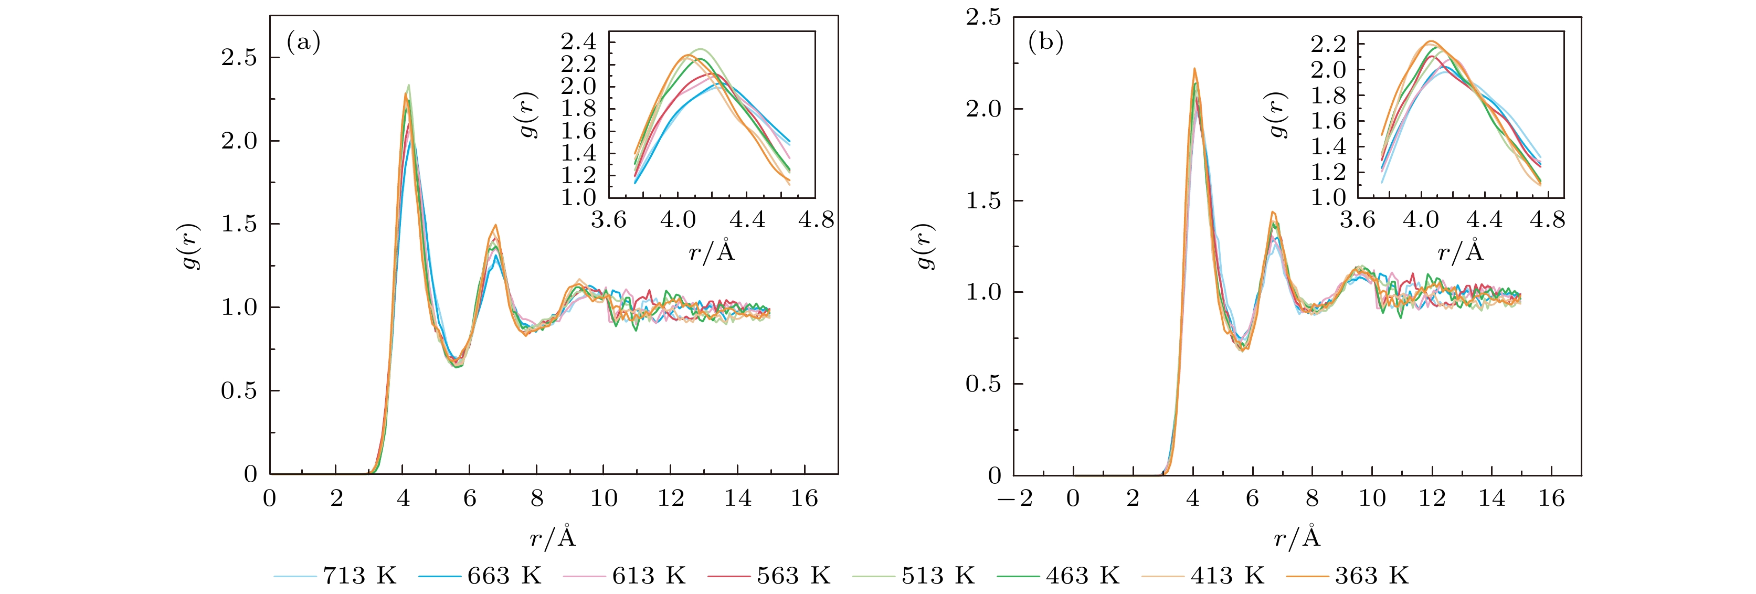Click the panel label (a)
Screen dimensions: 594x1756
click(x=303, y=43)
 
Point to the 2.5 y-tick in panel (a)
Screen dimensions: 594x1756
click(x=239, y=58)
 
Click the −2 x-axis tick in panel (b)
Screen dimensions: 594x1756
click(x=1015, y=498)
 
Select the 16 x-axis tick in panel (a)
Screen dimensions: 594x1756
click(x=805, y=498)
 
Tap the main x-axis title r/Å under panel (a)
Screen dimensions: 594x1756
click(x=553, y=537)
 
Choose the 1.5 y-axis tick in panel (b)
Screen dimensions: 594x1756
click(x=983, y=201)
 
